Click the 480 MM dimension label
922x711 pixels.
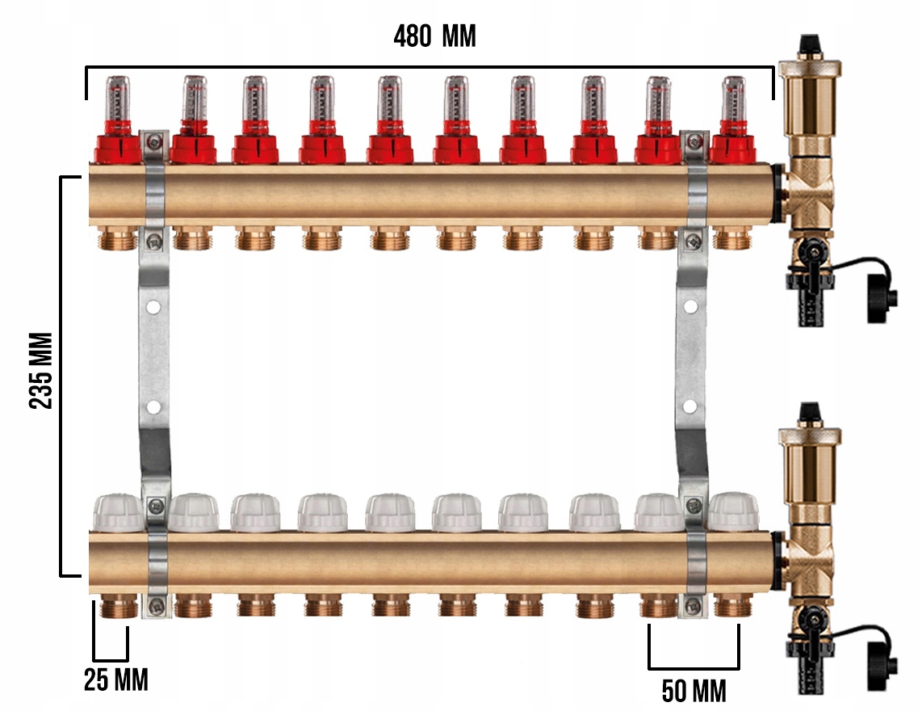[434, 36]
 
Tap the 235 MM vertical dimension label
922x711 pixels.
[41, 370]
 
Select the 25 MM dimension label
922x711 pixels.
[115, 679]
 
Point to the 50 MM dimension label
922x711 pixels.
[694, 691]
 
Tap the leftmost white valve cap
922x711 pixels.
[118, 513]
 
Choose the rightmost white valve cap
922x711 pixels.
[733, 511]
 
